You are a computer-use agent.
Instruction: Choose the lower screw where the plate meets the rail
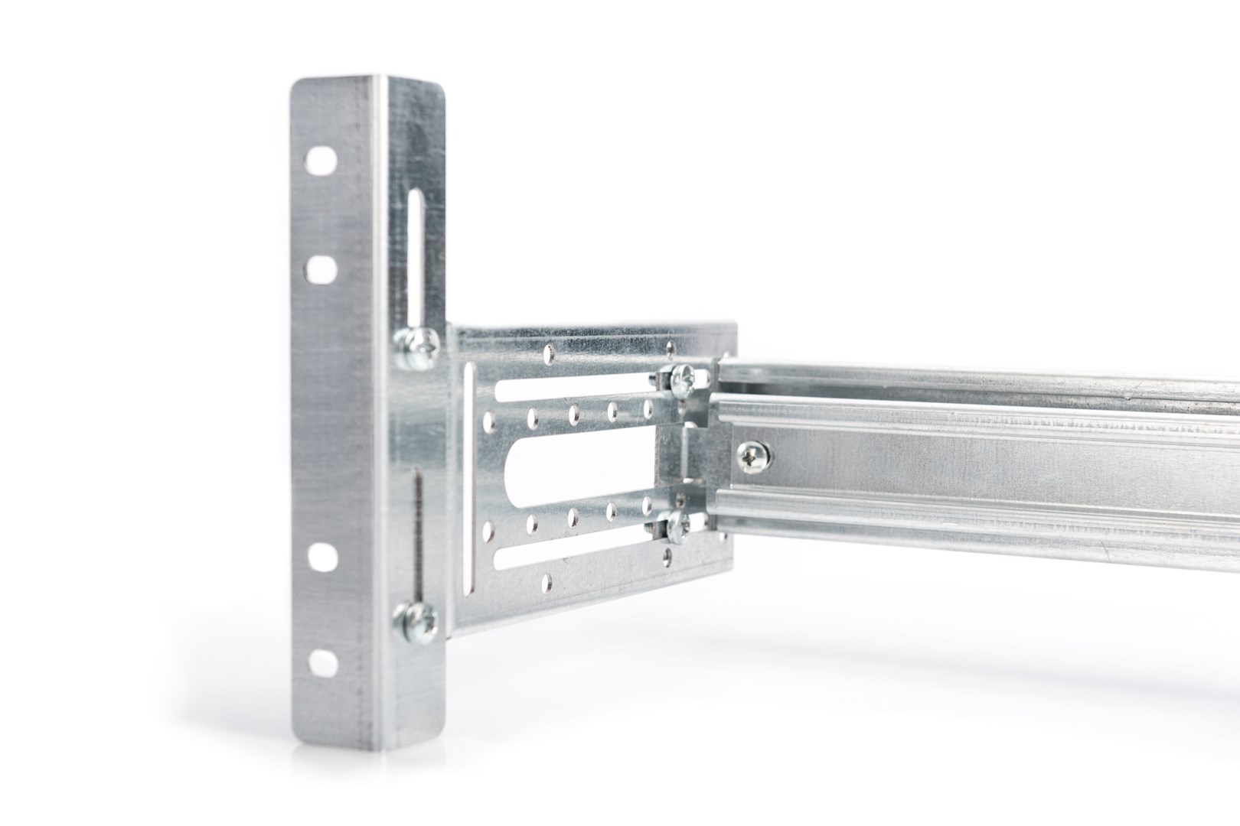tap(678, 526)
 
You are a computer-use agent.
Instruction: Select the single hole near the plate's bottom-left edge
tap(544, 583)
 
